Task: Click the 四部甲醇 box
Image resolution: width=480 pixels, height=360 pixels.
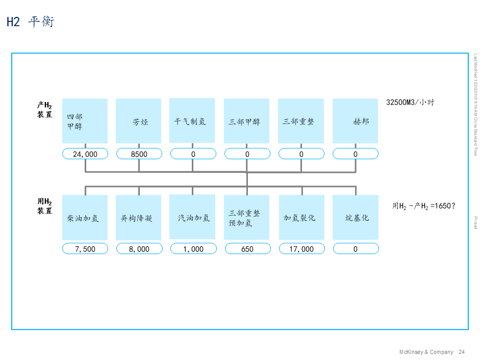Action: [85, 121]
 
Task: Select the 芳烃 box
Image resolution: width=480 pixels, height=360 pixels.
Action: [138, 121]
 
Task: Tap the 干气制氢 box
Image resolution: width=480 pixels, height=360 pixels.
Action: [192, 121]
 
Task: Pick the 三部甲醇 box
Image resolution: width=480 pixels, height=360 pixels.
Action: [246, 121]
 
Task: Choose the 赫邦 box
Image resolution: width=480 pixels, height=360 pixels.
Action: [355, 121]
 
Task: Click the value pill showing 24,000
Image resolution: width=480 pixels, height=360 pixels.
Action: [85, 153]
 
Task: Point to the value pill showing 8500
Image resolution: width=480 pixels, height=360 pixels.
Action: [139, 153]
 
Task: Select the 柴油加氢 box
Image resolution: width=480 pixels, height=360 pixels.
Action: [85, 218]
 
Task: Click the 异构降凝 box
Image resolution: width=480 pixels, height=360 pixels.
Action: [138, 218]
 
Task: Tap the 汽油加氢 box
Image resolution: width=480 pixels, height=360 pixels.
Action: [192, 217]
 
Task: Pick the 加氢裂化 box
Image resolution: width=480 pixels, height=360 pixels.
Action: [301, 217]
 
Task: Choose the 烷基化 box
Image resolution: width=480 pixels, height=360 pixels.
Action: [355, 217]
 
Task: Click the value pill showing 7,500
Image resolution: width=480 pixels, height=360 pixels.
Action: [85, 249]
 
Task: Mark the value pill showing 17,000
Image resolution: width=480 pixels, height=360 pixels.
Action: [301, 249]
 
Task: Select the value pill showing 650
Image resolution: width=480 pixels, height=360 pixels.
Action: [247, 249]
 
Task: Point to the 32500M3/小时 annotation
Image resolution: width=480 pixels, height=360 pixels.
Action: [410, 102]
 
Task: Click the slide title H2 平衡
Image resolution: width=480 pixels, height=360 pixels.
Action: [30, 21]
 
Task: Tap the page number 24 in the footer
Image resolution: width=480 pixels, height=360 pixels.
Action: [462, 352]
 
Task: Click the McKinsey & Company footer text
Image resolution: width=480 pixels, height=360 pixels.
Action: [426, 352]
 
